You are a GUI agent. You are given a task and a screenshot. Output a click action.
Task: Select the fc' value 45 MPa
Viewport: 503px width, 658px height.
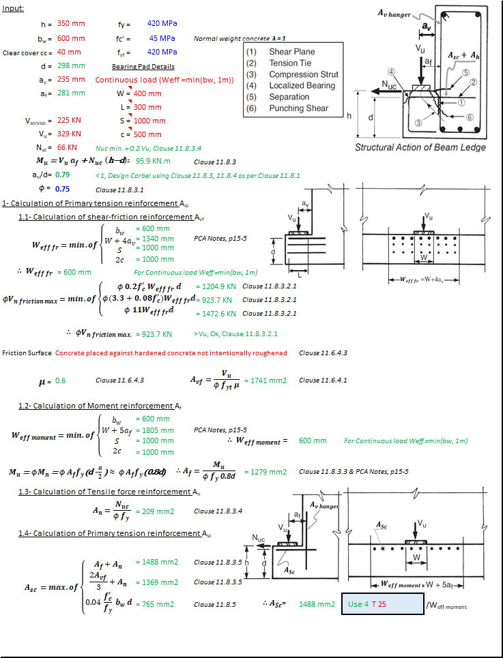[x=162, y=38]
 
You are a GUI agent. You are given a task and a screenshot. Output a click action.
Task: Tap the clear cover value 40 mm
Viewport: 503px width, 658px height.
[x=69, y=52]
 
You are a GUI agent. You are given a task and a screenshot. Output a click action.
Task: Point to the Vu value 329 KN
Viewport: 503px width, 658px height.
[x=69, y=134]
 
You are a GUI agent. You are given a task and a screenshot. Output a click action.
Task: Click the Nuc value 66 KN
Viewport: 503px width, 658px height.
[x=67, y=147]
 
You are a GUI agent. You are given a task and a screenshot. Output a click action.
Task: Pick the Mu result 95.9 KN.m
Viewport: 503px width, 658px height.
[x=154, y=161]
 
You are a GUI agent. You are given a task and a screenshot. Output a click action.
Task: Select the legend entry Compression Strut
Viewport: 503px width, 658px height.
[x=304, y=74]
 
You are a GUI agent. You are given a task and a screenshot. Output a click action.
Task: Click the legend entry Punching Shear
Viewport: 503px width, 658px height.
[x=298, y=108]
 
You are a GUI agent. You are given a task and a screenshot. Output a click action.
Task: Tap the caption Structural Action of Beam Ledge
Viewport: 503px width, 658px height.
[x=420, y=147]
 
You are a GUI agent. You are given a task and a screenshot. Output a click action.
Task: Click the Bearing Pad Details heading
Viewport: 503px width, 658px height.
[x=143, y=67]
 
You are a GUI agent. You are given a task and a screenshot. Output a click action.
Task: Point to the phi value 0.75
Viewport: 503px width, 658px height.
[x=63, y=189]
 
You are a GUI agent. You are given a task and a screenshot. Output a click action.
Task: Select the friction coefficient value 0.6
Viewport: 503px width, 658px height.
[x=60, y=381]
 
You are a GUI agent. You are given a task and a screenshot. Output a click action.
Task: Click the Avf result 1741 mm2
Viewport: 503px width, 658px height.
[x=269, y=380]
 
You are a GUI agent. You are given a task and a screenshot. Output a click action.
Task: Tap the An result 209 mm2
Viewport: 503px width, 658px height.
[x=155, y=511]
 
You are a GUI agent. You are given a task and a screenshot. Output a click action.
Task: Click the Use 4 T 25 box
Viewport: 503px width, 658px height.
[x=382, y=604]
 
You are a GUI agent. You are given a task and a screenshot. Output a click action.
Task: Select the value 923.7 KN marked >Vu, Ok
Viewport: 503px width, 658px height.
[x=154, y=334]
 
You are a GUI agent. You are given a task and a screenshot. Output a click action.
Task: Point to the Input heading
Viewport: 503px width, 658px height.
[x=13, y=9]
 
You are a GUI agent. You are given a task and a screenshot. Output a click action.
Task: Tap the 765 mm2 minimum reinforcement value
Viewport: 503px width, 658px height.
[x=155, y=604]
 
